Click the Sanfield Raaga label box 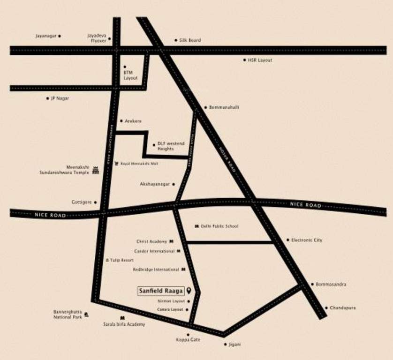(160, 291)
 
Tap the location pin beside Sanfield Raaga (189, 291)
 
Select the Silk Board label (190, 40)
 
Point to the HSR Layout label (260, 60)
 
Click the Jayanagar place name (45, 36)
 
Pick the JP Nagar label (60, 98)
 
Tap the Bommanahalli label (224, 107)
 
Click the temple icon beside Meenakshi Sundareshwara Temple (96, 170)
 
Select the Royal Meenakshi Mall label (140, 164)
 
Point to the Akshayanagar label (154, 184)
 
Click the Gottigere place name (82, 202)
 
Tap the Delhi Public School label (219, 226)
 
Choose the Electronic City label (307, 240)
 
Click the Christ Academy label (151, 241)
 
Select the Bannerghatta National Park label (68, 315)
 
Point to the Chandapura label (342, 308)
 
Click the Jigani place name (234, 345)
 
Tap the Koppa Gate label (188, 339)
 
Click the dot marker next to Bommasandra (312, 285)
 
